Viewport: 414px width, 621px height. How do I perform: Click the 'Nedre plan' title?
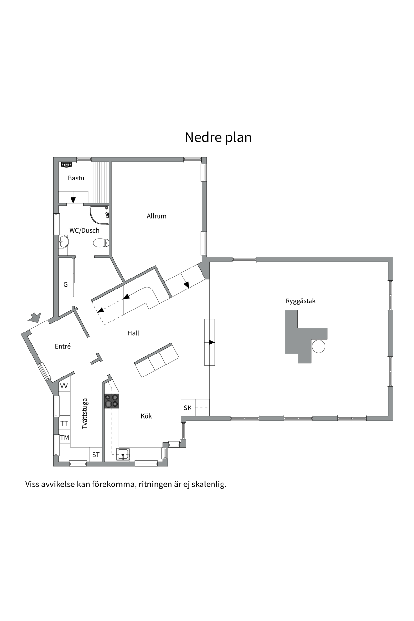point(218,137)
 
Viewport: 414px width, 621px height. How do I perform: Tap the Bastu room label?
point(76,178)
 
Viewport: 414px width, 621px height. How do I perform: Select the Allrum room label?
point(157,216)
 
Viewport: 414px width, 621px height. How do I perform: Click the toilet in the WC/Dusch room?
point(101,243)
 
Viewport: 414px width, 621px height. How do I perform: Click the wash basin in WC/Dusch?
point(63,241)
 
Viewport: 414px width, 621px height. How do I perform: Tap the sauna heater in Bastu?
point(66,165)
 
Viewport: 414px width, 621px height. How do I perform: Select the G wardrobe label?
point(66,285)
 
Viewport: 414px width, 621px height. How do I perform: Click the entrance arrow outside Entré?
point(34,317)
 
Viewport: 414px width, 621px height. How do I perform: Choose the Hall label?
point(133,333)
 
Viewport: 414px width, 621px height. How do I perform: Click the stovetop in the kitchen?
point(112,400)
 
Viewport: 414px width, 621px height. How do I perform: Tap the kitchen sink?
point(123,454)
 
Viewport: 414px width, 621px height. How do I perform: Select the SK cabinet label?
point(188,408)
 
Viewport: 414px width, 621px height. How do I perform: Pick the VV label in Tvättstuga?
point(64,386)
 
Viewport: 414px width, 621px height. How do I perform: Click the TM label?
point(65,438)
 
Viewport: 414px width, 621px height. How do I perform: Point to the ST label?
point(96,455)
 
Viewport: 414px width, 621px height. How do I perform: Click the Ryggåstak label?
point(300,301)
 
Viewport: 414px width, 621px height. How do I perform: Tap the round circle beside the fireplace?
point(318,346)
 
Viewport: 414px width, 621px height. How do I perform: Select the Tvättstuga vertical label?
point(85,414)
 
